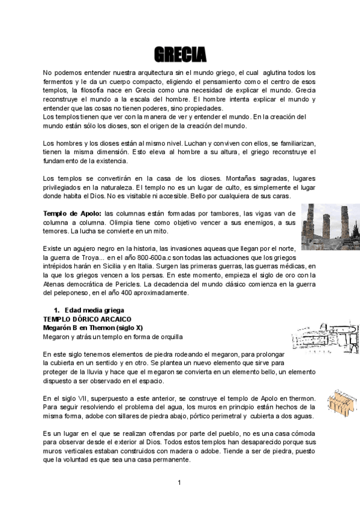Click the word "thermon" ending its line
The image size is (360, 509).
point(301,399)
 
